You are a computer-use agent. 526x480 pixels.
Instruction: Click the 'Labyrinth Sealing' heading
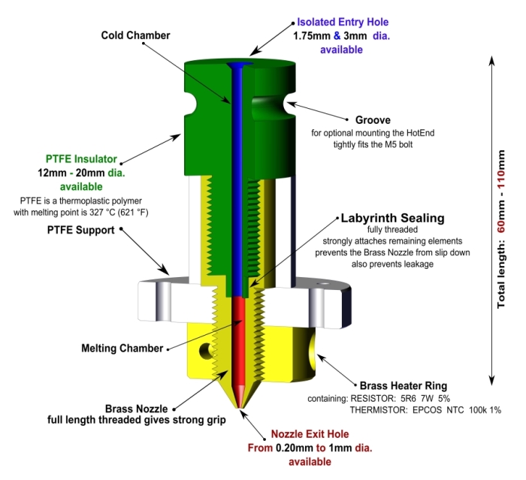click(x=392, y=218)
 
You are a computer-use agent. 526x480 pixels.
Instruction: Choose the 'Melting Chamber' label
click(x=122, y=348)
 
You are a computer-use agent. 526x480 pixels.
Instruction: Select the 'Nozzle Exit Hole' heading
click(x=310, y=433)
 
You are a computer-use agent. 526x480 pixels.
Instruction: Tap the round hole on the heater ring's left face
click(x=204, y=349)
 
